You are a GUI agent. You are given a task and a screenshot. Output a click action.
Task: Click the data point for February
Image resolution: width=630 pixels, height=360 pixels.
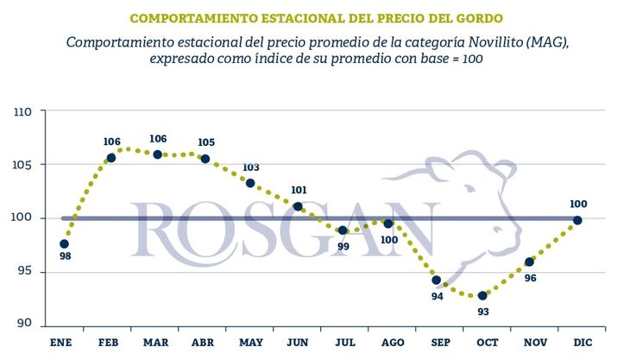click(111, 158)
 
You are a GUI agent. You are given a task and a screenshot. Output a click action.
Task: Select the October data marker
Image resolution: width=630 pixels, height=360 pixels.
click(482, 295)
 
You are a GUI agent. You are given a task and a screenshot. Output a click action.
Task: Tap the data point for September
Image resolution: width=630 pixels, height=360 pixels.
click(436, 281)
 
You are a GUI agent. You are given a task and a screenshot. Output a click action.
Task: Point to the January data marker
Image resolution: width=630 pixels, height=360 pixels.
click(65, 244)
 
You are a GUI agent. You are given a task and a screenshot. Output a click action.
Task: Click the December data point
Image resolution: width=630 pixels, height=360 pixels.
click(577, 220)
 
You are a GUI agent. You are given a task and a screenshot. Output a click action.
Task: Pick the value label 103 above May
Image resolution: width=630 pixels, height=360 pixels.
click(251, 168)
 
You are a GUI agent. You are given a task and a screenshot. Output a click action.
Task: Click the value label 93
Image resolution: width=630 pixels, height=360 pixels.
click(483, 311)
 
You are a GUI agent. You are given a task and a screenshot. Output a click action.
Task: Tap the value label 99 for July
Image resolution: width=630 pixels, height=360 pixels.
click(343, 246)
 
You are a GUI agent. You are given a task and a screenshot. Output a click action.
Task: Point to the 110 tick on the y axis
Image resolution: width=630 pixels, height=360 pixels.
click(23, 111)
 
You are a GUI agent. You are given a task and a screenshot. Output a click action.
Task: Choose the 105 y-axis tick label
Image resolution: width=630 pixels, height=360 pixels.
click(23, 165)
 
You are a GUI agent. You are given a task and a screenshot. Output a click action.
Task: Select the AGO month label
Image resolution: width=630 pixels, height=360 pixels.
click(389, 343)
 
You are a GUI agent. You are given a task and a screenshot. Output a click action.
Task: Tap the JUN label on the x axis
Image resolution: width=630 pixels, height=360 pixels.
click(297, 343)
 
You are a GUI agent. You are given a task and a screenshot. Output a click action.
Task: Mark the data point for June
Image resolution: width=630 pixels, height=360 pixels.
click(298, 206)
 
